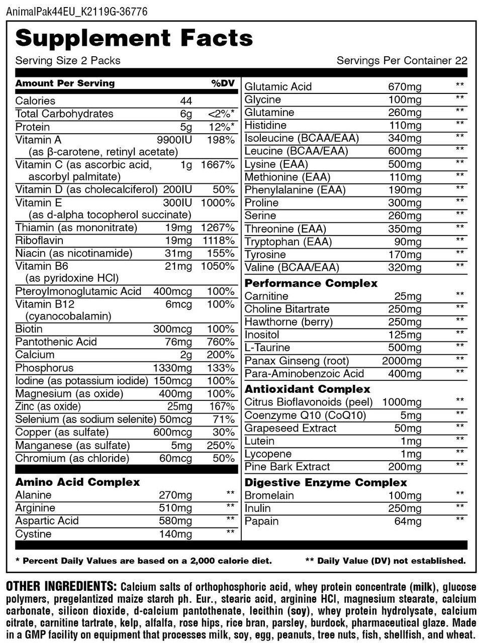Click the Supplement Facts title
(134, 38)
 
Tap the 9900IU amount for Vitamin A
(174, 140)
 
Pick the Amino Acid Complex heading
(77, 482)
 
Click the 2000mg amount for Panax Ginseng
(402, 361)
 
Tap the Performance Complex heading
(311, 283)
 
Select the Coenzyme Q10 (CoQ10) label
(305, 415)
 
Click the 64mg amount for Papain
(408, 521)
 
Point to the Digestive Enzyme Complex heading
(325, 483)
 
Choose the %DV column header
(223, 83)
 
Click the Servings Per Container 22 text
(402, 61)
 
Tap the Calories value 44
(186, 101)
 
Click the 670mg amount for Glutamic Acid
(405, 86)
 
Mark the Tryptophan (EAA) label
(288, 242)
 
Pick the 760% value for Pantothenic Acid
(223, 342)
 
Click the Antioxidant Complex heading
(307, 389)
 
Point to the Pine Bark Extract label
(287, 467)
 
